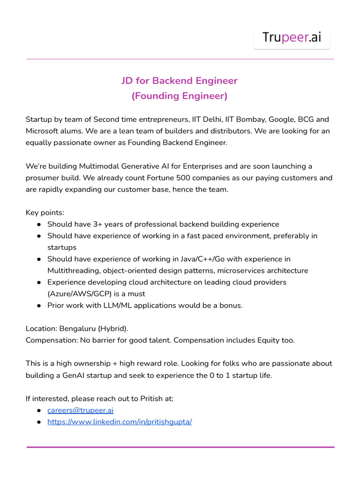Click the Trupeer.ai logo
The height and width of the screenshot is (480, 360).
292,37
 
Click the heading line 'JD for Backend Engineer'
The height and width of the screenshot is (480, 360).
180,81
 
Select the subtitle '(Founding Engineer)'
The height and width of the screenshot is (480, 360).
180,96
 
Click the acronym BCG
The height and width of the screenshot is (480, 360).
307,119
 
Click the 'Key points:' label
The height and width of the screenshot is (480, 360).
45,212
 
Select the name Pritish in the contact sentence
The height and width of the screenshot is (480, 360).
152,398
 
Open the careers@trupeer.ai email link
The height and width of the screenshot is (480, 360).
80,410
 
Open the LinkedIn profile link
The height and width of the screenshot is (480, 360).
120,422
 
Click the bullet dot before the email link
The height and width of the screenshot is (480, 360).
38,410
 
